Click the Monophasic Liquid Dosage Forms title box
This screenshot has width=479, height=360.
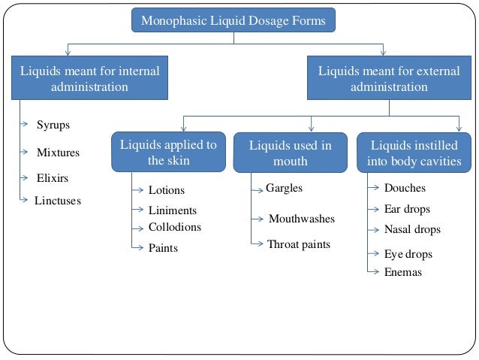[233, 20]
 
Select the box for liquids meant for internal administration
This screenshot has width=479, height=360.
[89, 79]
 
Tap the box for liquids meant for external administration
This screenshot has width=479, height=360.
[389, 79]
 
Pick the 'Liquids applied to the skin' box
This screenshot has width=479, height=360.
[168, 153]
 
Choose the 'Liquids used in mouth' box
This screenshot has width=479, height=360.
[290, 153]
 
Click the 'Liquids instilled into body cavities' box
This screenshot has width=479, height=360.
[414, 153]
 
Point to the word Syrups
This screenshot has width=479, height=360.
[53, 125]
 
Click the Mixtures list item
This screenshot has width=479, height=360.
[58, 153]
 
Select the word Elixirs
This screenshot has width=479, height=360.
[53, 178]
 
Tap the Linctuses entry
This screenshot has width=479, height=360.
[57, 201]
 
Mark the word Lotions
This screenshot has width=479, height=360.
[166, 191]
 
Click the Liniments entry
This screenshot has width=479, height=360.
[172, 211]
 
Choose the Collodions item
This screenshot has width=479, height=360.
[174, 227]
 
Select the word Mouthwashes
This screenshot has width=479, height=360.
[301, 219]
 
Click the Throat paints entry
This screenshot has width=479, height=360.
[298, 244]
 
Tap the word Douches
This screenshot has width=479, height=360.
[405, 188]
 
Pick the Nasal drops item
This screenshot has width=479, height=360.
[412, 229]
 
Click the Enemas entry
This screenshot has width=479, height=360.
[402, 272]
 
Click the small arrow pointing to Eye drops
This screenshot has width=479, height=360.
[374, 255]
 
